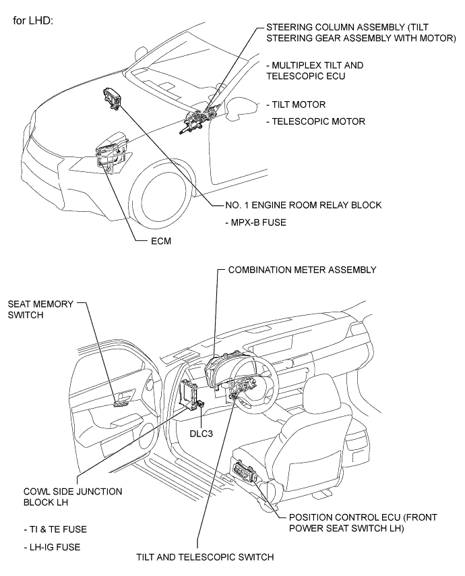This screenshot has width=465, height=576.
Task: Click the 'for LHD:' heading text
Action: (x=34, y=20)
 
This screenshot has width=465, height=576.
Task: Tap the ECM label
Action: (x=161, y=241)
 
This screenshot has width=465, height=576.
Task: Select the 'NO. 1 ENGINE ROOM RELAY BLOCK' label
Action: (x=303, y=205)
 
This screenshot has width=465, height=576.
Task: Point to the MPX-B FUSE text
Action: (x=256, y=223)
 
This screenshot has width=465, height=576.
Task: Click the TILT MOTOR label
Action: (x=296, y=105)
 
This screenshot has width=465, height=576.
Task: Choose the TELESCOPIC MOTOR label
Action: (x=316, y=121)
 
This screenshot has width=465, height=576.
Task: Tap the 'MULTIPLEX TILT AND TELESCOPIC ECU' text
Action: (x=315, y=71)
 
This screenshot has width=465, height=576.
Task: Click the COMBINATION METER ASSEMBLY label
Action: (x=303, y=270)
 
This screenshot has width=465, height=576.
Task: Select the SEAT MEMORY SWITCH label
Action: (x=40, y=310)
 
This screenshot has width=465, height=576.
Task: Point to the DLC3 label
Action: (x=201, y=434)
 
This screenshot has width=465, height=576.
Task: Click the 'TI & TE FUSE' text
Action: (x=55, y=529)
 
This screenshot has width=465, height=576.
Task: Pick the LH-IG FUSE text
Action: (x=52, y=547)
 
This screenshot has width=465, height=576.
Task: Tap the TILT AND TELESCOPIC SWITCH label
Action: (x=205, y=557)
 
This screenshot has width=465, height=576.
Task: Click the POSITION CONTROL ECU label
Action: (x=363, y=523)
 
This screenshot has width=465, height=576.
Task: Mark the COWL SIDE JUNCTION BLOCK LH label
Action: (x=73, y=496)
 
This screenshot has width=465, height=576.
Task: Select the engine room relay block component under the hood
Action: (x=112, y=98)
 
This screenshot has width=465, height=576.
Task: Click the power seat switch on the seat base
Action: (x=244, y=470)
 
